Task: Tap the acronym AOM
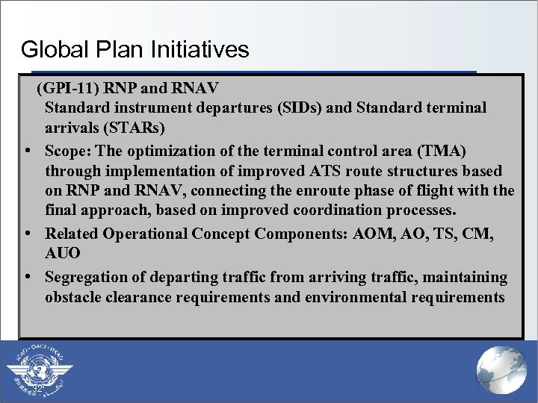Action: point(372,234)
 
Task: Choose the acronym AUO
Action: point(63,254)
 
